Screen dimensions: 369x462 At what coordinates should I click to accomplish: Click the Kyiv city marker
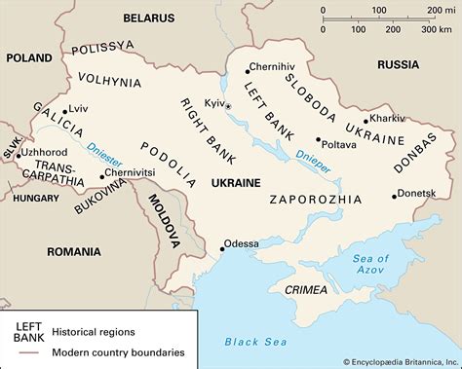coord(230,103)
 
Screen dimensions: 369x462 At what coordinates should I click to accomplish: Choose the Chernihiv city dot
coord(244,68)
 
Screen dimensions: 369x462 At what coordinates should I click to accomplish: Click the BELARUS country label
coord(149,18)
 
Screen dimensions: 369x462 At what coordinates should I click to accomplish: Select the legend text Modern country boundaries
coord(118,351)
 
